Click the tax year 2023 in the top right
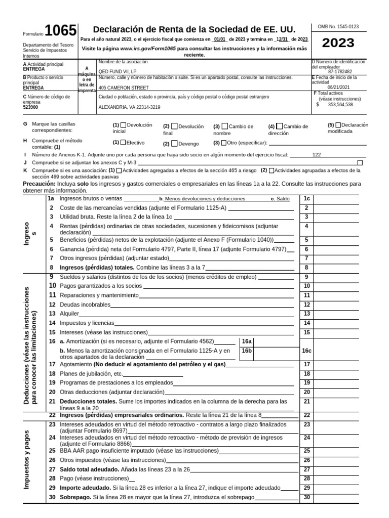click(x=338, y=42)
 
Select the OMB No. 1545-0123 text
click(x=338, y=25)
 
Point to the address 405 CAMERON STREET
click(x=124, y=87)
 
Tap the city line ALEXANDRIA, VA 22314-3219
click(x=129, y=107)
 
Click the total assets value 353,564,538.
click(x=341, y=105)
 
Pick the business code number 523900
click(x=31, y=107)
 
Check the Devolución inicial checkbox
click(x=124, y=125)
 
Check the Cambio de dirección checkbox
click(x=280, y=126)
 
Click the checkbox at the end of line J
click(x=360, y=162)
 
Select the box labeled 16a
click(x=247, y=342)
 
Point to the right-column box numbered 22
click(x=306, y=415)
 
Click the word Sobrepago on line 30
click(x=75, y=498)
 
